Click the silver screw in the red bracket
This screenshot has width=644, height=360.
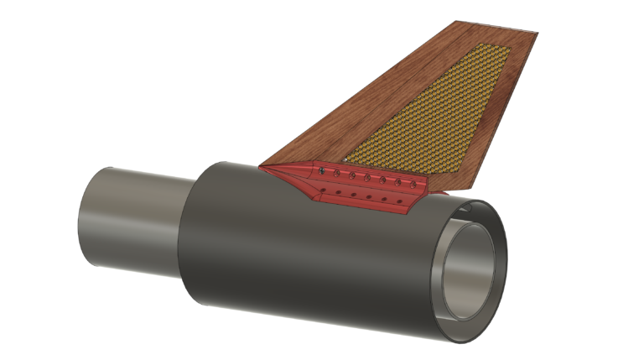click(x=322, y=171)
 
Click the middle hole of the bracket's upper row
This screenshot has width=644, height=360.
click(x=367, y=177)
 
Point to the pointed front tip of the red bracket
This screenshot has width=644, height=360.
click(x=261, y=168)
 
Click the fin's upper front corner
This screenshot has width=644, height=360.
click(x=457, y=22)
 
